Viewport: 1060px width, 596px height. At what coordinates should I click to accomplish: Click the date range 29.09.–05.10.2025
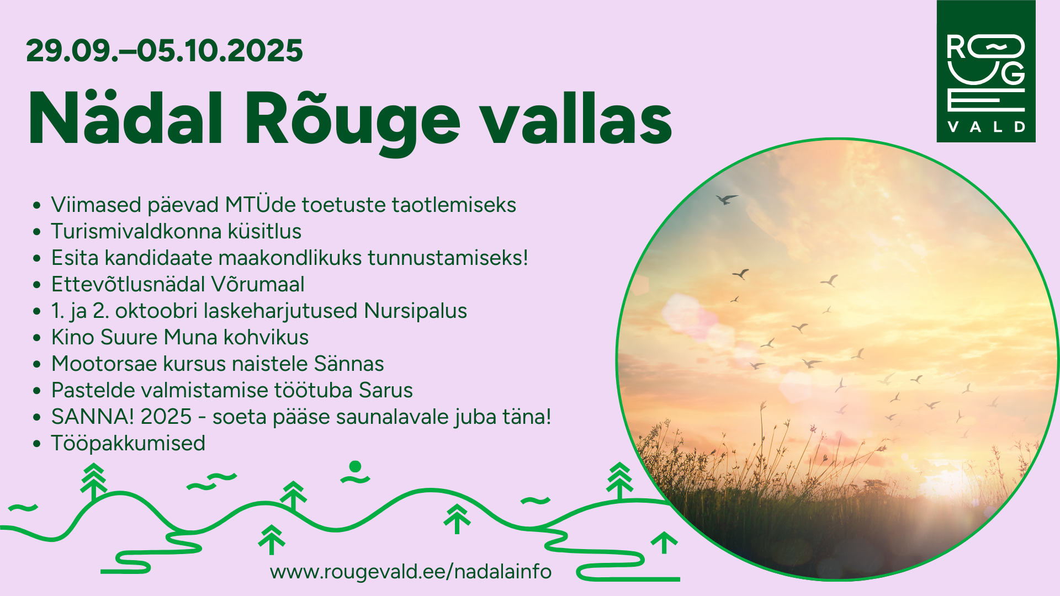pos(164,51)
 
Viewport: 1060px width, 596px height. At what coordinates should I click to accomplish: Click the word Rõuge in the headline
pos(352,123)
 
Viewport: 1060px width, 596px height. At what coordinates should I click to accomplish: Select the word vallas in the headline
pos(576,118)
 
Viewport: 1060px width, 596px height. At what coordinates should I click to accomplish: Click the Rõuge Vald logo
pos(986,71)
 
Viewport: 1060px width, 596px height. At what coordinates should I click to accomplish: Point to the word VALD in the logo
pos(986,127)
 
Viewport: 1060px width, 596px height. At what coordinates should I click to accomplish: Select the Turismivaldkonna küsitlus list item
pos(176,231)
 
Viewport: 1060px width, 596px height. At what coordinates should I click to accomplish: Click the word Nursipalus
pos(415,311)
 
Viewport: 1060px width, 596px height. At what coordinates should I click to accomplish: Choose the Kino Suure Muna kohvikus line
pos(180,337)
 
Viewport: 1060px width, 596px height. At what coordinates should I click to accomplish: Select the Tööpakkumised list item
pos(128,444)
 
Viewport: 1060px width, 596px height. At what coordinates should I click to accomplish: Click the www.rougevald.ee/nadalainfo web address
pos(411,571)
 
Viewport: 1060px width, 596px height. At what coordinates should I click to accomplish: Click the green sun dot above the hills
pos(356,467)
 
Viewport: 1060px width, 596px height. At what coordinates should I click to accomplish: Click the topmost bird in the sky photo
pos(726,199)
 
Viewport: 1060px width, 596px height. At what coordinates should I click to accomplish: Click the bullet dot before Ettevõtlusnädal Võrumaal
pos(37,285)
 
